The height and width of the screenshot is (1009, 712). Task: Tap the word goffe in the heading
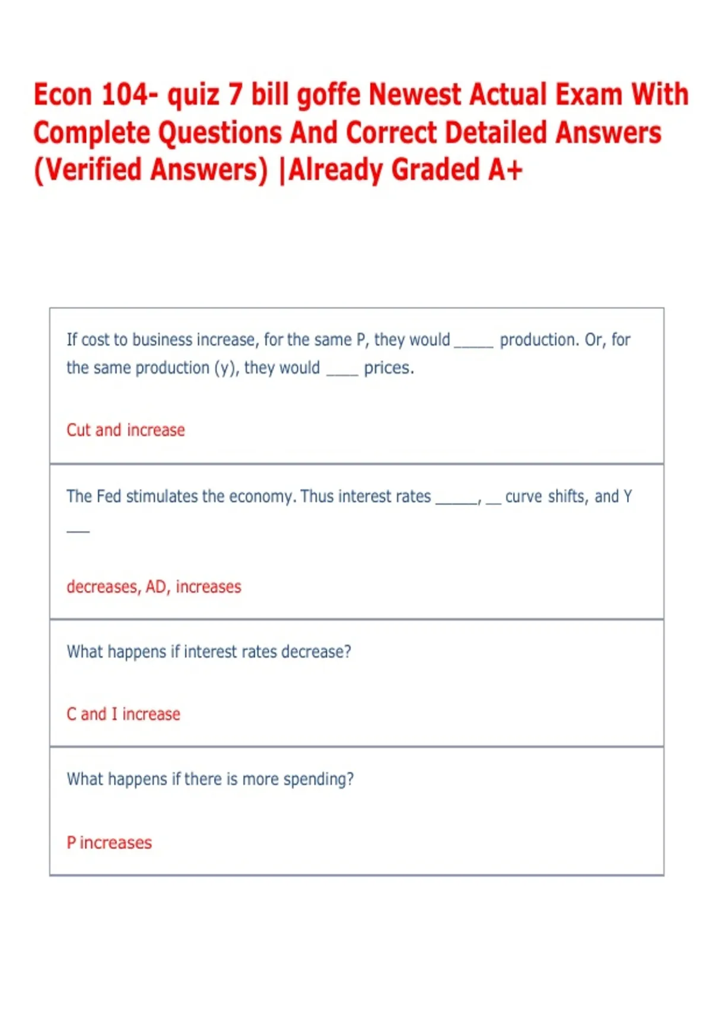pyautogui.click(x=329, y=95)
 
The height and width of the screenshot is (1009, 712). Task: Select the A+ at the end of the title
pyautogui.click(x=506, y=170)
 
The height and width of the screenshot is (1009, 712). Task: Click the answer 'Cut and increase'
pyautogui.click(x=126, y=430)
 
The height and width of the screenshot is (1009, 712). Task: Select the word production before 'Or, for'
pyautogui.click(x=539, y=340)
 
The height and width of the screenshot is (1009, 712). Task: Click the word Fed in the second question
pyautogui.click(x=109, y=496)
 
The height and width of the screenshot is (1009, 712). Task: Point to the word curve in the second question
pyautogui.click(x=523, y=496)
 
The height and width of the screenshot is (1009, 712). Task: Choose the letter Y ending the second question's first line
pyautogui.click(x=628, y=496)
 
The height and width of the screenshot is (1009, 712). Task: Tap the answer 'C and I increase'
pyautogui.click(x=123, y=714)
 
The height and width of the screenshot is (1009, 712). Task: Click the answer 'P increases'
pyautogui.click(x=109, y=843)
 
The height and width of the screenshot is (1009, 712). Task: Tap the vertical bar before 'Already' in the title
pyautogui.click(x=282, y=170)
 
